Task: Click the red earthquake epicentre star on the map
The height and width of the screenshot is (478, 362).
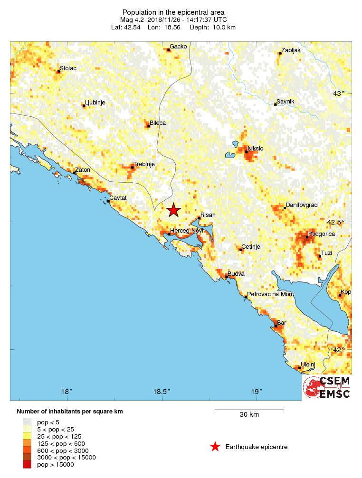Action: point(174,210)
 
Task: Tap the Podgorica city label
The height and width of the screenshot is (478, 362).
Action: point(322,234)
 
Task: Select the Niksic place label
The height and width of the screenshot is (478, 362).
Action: point(255,149)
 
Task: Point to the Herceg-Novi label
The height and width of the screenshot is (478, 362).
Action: point(187,230)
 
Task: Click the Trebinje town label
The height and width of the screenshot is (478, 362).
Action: point(144,164)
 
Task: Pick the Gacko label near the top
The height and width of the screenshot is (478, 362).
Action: point(178,47)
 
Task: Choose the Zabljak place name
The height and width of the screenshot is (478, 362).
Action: point(290,50)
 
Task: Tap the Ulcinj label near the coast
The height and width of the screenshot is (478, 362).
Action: point(308,364)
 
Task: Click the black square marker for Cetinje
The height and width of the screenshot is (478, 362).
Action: point(241,250)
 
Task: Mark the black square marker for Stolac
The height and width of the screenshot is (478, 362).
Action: point(58,71)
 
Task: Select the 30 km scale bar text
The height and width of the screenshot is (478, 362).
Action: point(249,414)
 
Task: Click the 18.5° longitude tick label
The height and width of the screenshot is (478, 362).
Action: point(162,392)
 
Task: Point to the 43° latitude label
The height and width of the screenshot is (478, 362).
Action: point(338,94)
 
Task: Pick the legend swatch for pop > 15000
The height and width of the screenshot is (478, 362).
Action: point(27,465)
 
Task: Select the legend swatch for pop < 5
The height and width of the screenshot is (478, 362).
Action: point(27,422)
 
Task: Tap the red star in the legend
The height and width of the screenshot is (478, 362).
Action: point(215,447)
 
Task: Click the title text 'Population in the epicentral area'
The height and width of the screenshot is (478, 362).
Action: point(173,12)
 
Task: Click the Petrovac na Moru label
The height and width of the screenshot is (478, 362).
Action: point(270,294)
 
